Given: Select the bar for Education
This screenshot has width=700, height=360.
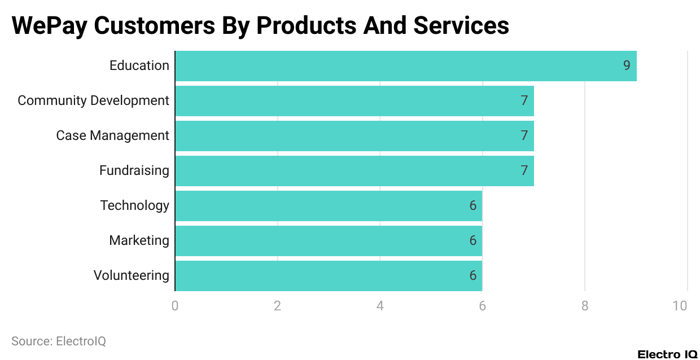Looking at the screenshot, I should coord(405,66).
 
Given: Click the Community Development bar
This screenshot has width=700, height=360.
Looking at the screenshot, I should coord(354,101).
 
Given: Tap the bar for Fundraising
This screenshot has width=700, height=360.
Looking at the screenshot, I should coord(354,171).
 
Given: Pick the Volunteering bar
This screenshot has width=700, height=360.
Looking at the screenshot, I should coord(329,276).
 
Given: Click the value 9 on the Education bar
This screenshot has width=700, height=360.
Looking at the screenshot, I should coord(627,66).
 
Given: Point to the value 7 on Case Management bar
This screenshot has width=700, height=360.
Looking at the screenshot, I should coord(524,136).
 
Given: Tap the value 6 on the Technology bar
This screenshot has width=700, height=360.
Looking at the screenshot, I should coord(473,206).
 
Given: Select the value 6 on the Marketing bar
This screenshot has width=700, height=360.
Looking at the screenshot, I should coord(473,241).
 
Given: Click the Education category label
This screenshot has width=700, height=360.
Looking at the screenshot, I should coord(139,66).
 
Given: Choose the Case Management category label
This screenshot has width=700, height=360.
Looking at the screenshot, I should coord(112,136).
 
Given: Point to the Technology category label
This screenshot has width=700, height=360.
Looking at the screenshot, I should coord(134,206).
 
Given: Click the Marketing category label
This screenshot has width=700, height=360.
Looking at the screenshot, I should coord(139,241).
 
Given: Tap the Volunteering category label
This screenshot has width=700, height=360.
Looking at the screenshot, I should coord(131,276).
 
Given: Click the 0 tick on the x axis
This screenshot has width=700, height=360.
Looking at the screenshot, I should coord(175,306).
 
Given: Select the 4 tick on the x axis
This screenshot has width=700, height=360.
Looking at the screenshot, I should coord(380,306).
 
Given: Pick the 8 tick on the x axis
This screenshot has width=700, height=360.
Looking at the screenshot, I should coord(585,306).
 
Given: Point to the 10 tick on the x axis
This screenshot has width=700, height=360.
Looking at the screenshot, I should coord(680,306).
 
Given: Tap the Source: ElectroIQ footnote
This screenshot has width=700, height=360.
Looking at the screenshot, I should coord(59,341).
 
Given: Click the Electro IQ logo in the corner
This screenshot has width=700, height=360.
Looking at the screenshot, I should coord(667,354).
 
